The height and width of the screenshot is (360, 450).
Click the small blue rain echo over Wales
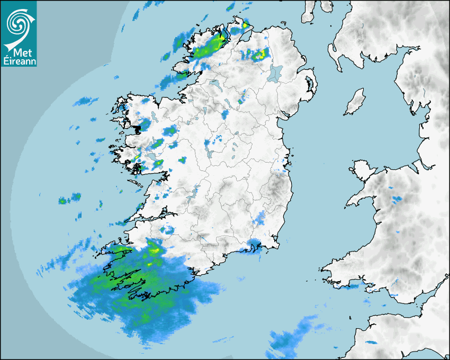[x=397, y=200]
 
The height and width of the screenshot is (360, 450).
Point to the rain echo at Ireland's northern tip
[x=245, y=24]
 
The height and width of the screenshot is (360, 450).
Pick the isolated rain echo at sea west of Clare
[x=69, y=199]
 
